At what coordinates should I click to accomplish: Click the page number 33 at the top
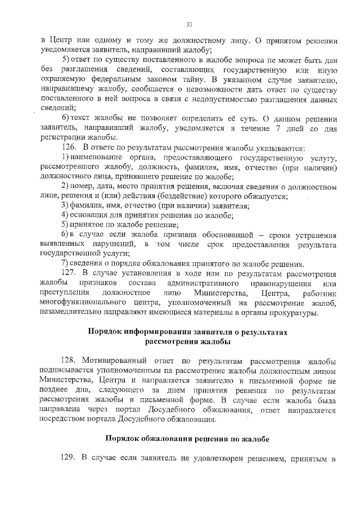click(x=190, y=24)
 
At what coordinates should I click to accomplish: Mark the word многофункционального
click(x=92, y=304)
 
